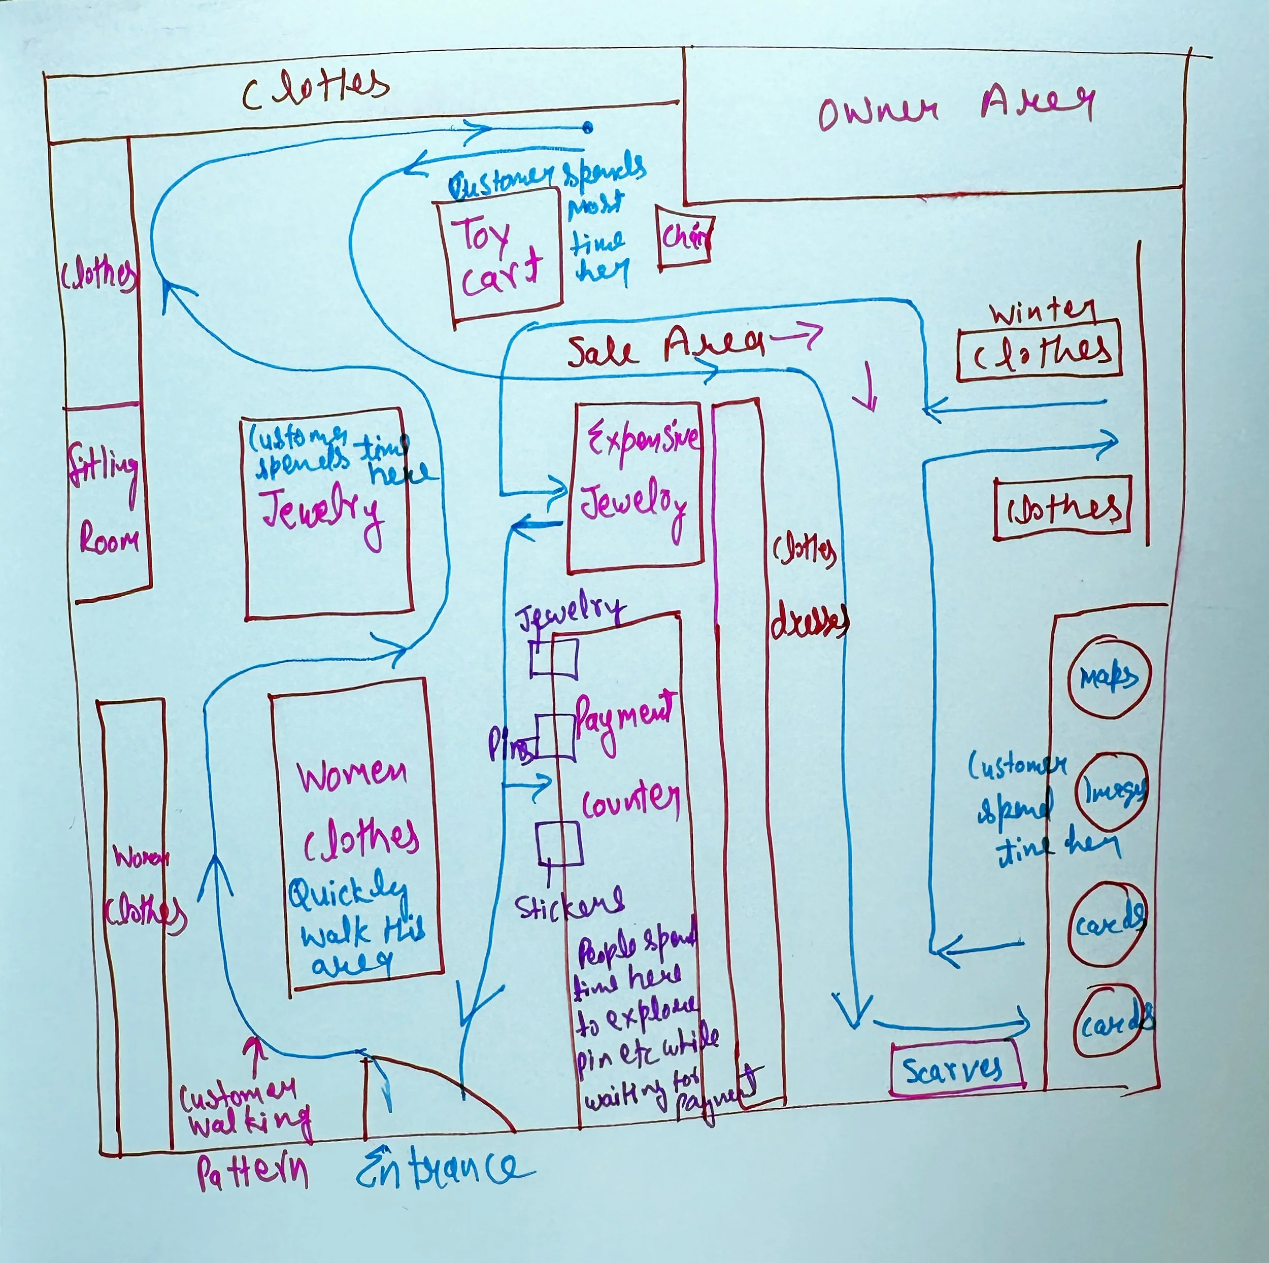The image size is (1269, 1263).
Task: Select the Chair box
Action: [684, 236]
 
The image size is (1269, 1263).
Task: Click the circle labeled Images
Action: [1112, 792]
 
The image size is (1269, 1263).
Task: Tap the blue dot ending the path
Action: [587, 127]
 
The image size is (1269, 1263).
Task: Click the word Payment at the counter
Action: [624, 716]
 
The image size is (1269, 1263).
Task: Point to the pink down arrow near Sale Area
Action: [871, 388]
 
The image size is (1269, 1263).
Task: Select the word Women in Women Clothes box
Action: [352, 775]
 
